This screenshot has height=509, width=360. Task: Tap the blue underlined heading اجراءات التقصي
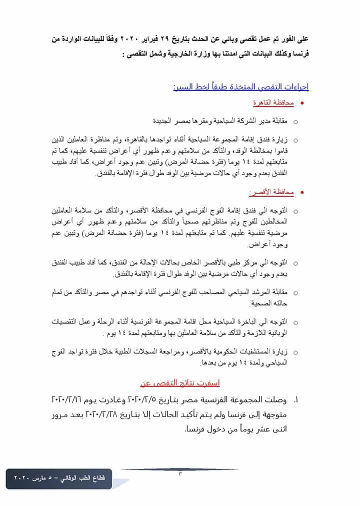(241, 86)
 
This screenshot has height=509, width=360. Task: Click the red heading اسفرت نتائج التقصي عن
(180, 383)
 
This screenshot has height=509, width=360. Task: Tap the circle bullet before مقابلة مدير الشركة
(295, 121)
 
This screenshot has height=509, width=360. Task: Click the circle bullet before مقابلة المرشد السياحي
(295, 292)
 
